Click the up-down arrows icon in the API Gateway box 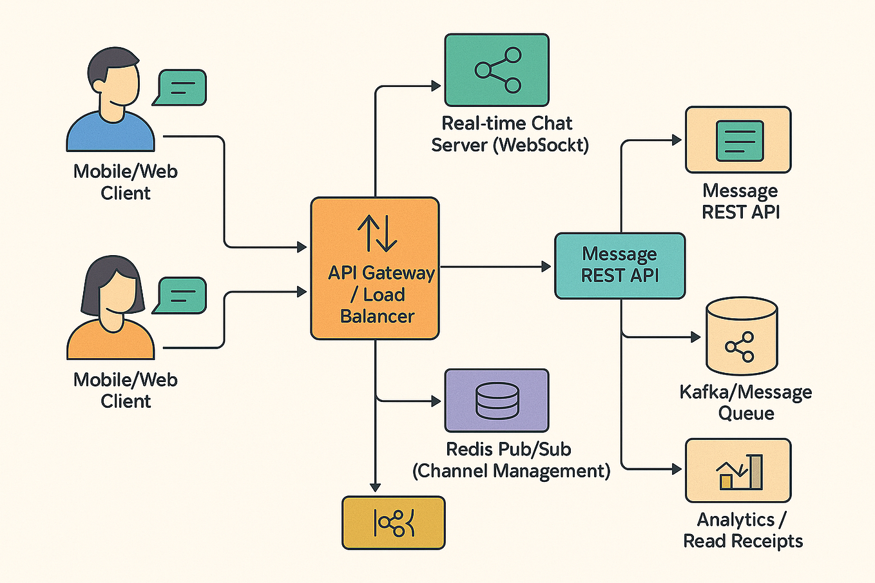[377, 233]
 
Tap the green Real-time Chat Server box [496, 70]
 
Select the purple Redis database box [496, 400]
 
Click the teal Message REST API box [619, 265]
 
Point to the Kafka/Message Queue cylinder [741, 336]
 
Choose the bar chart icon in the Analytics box [739, 472]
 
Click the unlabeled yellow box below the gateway [393, 522]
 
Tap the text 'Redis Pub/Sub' [508, 449]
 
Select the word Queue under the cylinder [746, 413]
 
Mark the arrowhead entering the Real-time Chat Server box [436, 86]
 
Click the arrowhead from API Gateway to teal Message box [546, 266]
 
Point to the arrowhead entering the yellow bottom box [375, 488]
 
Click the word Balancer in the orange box [377, 316]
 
